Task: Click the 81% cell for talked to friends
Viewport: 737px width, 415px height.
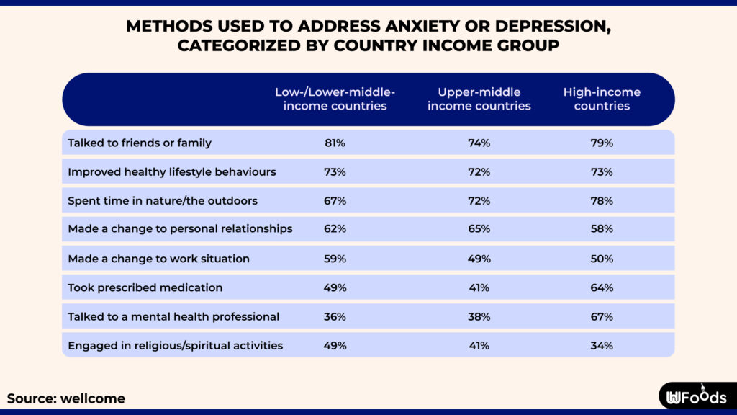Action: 335,143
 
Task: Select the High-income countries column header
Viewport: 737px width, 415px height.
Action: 602,99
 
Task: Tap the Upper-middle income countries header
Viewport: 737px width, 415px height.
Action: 479,99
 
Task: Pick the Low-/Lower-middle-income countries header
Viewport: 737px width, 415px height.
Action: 335,99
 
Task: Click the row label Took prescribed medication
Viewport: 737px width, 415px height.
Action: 145,287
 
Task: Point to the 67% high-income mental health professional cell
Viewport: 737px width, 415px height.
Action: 602,316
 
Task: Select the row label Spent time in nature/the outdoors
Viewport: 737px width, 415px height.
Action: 163,200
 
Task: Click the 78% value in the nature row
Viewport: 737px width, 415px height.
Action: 602,200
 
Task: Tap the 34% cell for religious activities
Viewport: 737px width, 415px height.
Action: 602,345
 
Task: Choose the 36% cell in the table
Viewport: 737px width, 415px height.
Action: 335,316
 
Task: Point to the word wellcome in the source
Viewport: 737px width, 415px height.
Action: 93,398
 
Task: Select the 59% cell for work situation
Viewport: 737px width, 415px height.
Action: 335,259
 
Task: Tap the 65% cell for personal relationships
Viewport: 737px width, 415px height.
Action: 479,229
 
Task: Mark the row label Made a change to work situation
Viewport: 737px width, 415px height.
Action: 158,259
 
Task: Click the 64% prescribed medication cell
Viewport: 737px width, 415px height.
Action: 602,287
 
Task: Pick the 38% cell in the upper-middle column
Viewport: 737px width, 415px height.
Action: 479,316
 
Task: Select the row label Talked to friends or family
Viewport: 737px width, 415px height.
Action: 140,143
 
